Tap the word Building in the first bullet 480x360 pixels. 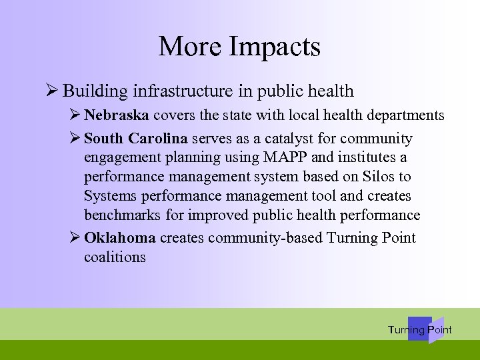point(97,91)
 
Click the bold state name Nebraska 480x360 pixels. point(117,115)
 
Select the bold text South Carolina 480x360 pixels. point(137,139)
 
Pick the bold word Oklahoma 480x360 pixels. point(120,238)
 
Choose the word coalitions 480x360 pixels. point(115,257)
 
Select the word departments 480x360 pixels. point(406,115)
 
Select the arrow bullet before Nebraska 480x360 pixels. point(75,115)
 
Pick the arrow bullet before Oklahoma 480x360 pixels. point(75,238)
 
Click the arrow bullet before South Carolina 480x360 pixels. point(75,139)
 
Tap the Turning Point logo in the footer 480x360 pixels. point(420,329)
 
